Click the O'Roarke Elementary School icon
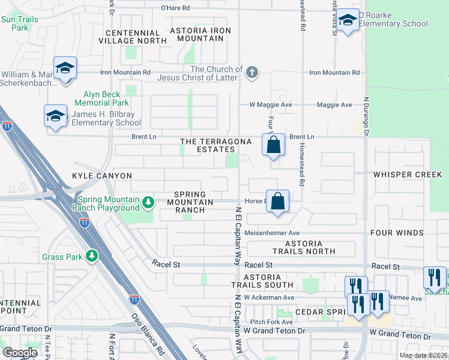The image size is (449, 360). click(348, 22)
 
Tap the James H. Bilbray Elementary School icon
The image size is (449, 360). click(56, 116)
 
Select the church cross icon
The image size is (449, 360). click(252, 73)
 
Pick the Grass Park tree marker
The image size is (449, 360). click(91, 257)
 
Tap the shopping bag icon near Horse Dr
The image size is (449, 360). click(278, 202)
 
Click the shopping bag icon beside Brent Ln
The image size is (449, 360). click(273, 145)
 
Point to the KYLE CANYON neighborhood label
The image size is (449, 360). click(101, 176)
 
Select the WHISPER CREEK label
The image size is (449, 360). click(408, 175)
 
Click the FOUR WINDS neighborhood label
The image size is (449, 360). click(408, 232)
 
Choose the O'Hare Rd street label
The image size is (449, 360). click(175, 8)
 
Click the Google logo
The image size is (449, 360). click(20, 352)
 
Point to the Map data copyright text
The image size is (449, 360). click(423, 355)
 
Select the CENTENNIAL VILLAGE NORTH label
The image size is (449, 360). click(136, 37)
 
